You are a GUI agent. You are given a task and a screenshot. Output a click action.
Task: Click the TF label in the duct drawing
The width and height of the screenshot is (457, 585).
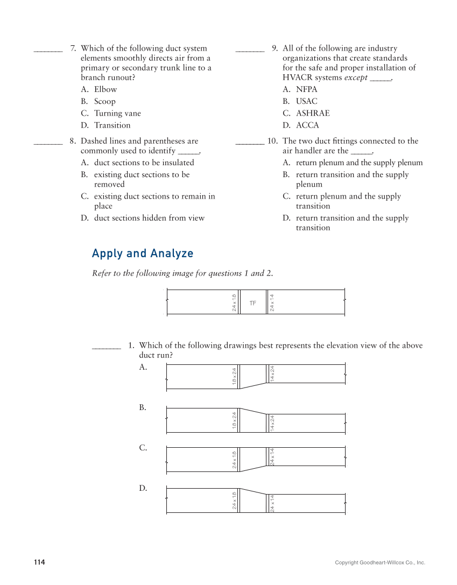point(253,304)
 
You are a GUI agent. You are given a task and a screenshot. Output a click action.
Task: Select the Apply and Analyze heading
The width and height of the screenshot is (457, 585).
point(142,253)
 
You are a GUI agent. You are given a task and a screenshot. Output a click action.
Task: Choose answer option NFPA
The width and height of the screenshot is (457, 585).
point(306,89)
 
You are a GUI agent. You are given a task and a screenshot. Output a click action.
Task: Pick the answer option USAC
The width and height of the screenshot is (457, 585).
point(306,101)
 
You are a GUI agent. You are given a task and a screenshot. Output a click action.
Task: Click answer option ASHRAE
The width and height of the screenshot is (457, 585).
point(312,113)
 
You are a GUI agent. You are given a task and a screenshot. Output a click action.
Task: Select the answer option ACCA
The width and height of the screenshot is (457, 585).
point(307,125)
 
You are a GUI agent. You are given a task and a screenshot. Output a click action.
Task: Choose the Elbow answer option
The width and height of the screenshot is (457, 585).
point(105,89)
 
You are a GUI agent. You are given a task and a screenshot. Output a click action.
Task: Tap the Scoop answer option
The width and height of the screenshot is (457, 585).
point(104,101)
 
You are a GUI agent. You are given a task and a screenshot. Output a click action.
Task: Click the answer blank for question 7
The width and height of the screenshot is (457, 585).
point(48,51)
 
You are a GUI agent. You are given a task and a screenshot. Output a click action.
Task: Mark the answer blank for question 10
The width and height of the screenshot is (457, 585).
point(250,144)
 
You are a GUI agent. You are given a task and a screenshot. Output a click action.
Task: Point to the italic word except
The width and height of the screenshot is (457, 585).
point(356,77)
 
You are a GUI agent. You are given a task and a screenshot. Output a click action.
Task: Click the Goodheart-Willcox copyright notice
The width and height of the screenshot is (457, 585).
point(379,563)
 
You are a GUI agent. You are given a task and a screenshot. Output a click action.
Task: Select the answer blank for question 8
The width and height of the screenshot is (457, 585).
point(48,144)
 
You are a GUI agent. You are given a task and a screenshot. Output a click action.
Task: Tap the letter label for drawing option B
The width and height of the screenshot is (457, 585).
point(143,407)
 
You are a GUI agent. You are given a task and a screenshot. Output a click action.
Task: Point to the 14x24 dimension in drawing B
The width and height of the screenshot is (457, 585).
point(272,423)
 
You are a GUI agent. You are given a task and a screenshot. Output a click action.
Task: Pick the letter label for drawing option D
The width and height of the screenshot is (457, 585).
point(143,488)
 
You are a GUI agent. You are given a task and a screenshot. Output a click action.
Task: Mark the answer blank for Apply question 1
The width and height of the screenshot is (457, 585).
point(107,348)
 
